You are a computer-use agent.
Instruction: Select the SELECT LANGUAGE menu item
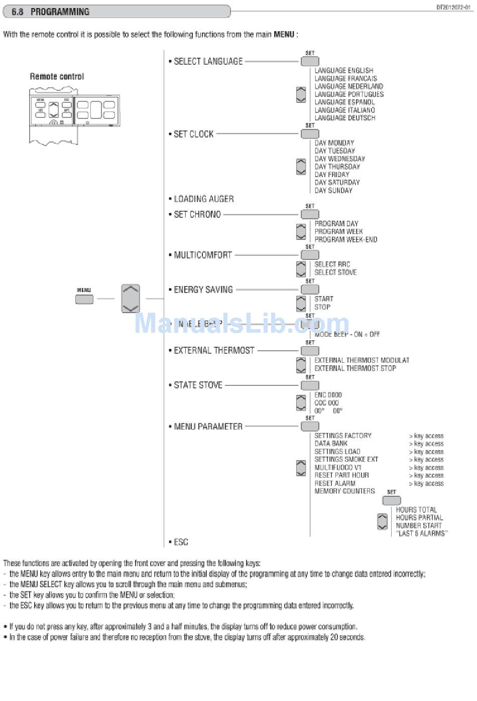208,62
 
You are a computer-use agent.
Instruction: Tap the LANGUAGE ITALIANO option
344,110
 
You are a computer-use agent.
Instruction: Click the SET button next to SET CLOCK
310,134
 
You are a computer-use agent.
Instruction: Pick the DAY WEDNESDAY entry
339,159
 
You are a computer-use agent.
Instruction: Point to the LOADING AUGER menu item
203,199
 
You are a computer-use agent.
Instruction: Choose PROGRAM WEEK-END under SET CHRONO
345,240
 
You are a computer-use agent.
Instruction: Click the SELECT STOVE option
335,272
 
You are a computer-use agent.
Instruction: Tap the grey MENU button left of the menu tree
84,299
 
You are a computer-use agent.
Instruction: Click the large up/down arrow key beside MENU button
131,299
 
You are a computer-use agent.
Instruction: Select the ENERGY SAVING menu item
203,290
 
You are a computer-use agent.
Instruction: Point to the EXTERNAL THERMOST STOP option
355,368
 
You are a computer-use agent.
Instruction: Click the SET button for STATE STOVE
310,385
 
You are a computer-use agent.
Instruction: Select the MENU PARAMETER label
208,427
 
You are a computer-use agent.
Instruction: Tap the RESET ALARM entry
334,483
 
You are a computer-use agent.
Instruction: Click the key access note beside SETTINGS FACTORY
426,436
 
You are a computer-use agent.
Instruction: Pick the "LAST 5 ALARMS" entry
421,533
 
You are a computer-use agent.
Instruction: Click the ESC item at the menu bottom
181,542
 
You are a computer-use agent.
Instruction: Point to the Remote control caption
57,77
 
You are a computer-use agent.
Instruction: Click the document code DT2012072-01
453,8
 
